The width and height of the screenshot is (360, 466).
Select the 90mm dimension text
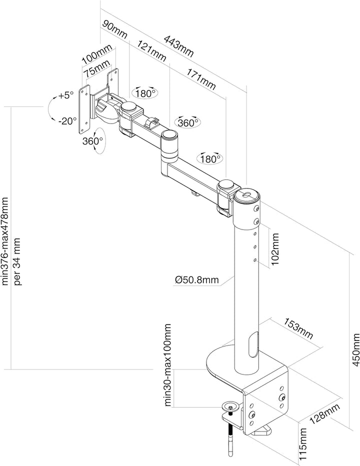pyautogui.click(x=115, y=29)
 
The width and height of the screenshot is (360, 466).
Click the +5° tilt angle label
pyautogui.click(x=65, y=95)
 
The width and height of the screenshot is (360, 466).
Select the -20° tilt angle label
pyautogui.click(x=66, y=120)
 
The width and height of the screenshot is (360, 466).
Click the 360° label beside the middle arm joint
pyautogui.click(x=188, y=121)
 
